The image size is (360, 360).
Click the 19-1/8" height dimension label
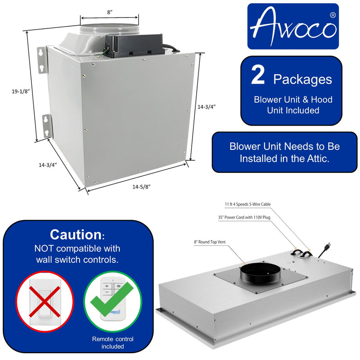[x=21, y=91]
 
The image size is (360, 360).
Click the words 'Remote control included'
[x=112, y=343]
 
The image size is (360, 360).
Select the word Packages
[x=302, y=80]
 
